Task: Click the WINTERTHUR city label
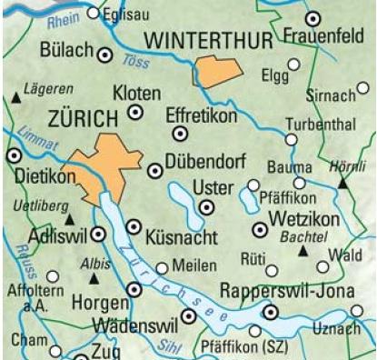(x=209, y=41)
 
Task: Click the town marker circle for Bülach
(x=104, y=55)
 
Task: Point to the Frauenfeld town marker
(x=313, y=18)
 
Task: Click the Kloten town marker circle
(x=136, y=112)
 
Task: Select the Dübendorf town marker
(x=154, y=169)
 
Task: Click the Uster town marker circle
(x=207, y=206)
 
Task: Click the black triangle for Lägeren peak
(x=17, y=96)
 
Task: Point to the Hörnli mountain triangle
(x=342, y=183)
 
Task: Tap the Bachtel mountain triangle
(x=303, y=248)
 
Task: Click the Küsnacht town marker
(x=134, y=225)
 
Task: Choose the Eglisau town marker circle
(x=94, y=14)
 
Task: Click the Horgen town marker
(x=135, y=288)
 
